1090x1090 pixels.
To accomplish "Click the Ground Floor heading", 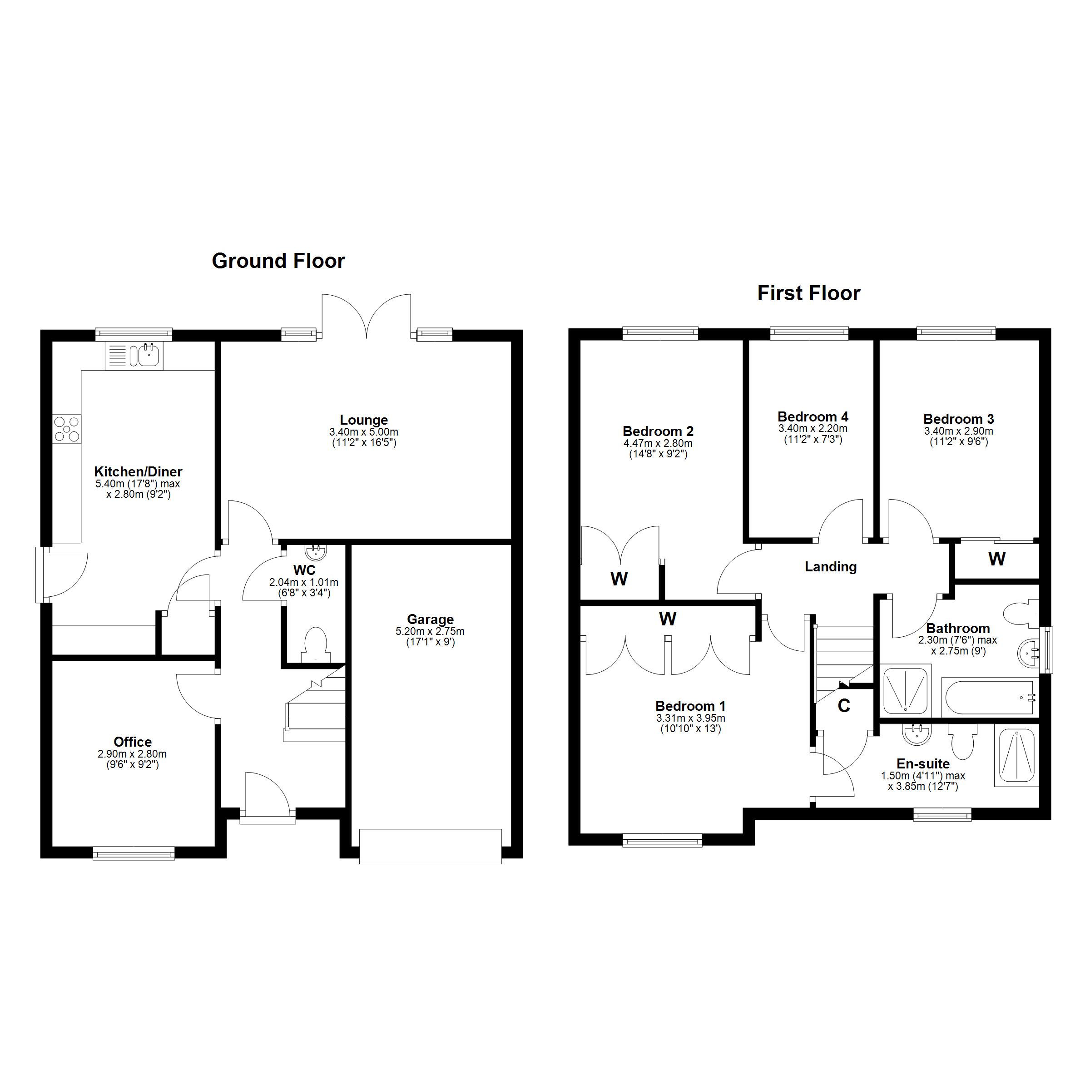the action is pyautogui.click(x=278, y=261).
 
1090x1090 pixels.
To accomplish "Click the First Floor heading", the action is pyautogui.click(x=808, y=293).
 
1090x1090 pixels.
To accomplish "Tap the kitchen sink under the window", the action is pyautogui.click(x=145, y=356).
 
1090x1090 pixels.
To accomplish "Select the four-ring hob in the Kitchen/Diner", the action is pyautogui.click(x=67, y=429).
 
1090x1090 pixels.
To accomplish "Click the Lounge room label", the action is pyautogui.click(x=364, y=420).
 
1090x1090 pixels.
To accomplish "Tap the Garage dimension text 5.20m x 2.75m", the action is pyautogui.click(x=430, y=631).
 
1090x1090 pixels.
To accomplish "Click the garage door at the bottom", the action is pyautogui.click(x=431, y=846).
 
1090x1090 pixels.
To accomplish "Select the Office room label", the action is pyautogui.click(x=133, y=742).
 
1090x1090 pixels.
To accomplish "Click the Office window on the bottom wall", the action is pyautogui.click(x=134, y=853).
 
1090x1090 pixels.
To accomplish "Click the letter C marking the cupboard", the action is pyautogui.click(x=844, y=706).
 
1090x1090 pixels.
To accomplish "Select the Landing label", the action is pyautogui.click(x=831, y=566).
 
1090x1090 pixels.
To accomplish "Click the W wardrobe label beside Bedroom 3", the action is pyautogui.click(x=997, y=559).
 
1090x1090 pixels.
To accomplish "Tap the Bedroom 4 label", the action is pyautogui.click(x=813, y=416).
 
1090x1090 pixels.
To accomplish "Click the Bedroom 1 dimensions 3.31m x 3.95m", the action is pyautogui.click(x=690, y=718).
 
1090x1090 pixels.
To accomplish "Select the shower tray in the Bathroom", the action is pyautogui.click(x=906, y=689).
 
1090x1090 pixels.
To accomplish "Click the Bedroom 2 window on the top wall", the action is pyautogui.click(x=660, y=333).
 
